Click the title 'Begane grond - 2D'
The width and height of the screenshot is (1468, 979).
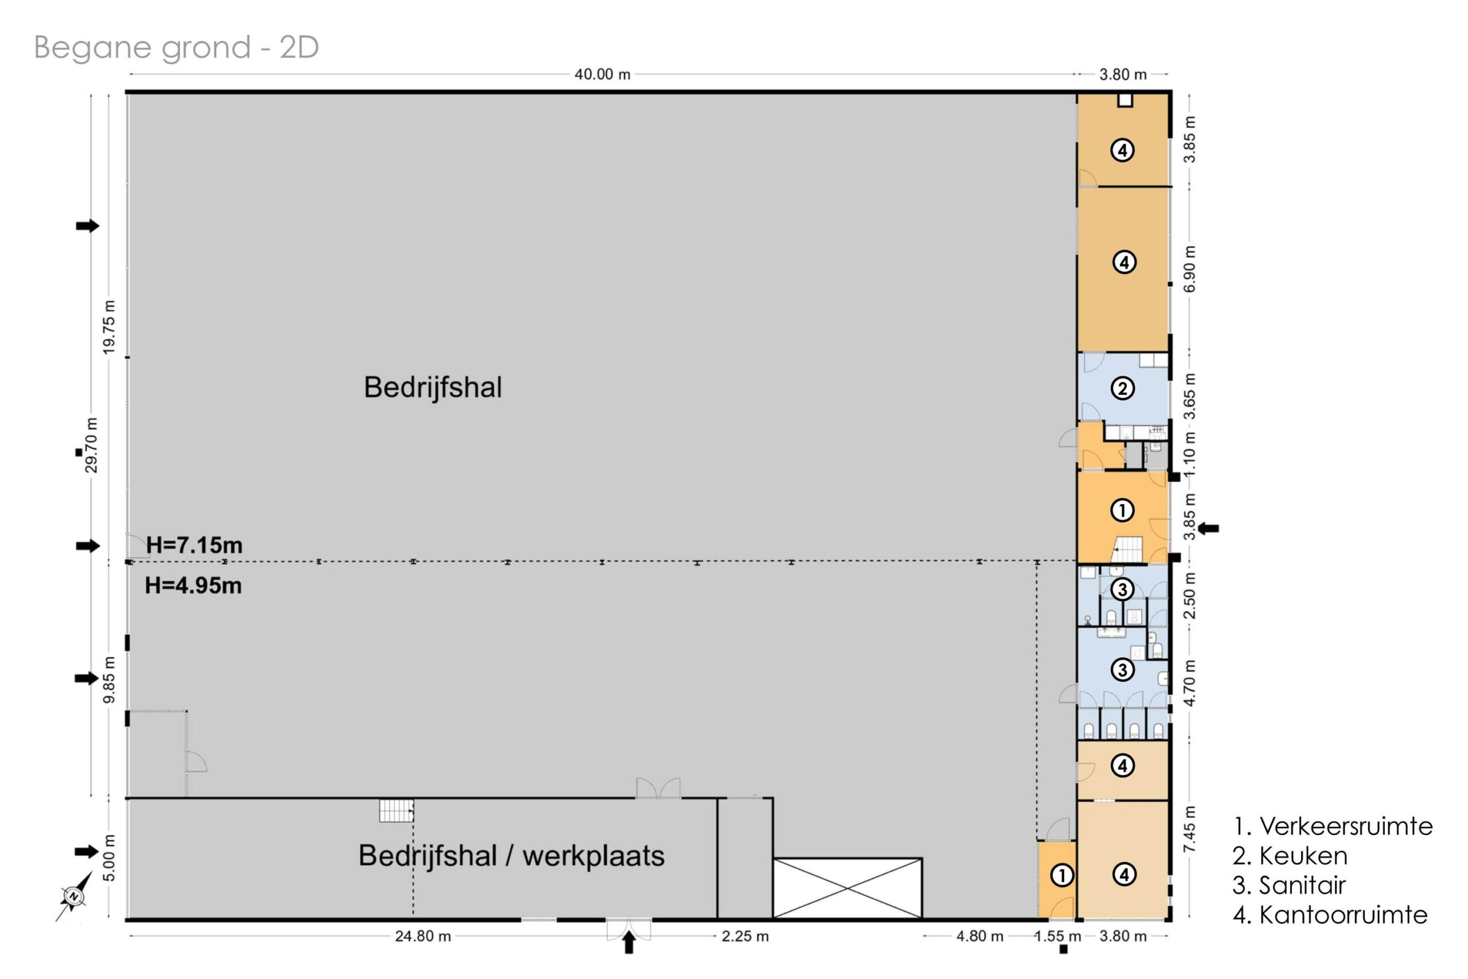tap(176, 48)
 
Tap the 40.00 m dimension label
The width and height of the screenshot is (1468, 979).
tap(602, 75)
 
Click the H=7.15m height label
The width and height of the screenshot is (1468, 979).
tap(194, 545)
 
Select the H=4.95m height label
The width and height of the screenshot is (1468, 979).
tap(193, 586)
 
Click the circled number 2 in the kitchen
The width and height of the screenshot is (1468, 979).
tap(1122, 388)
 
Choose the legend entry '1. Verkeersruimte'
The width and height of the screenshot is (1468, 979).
tap(1333, 826)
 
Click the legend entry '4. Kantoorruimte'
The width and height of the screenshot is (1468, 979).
tap(1330, 915)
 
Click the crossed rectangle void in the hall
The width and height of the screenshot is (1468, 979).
tap(847, 888)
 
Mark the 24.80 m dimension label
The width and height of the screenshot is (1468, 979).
tap(423, 937)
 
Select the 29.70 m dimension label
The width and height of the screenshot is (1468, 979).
tap(92, 444)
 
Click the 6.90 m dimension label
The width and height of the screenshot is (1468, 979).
tap(1190, 268)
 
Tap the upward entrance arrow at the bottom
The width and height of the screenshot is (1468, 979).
tap(628, 942)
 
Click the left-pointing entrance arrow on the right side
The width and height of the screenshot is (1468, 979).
tap(1208, 528)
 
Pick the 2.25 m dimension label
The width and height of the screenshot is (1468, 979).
tap(745, 937)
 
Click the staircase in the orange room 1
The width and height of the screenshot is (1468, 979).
tap(1129, 549)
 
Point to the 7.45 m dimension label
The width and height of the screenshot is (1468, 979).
tap(1190, 829)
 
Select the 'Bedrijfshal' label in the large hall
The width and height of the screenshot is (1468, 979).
tap(432, 387)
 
